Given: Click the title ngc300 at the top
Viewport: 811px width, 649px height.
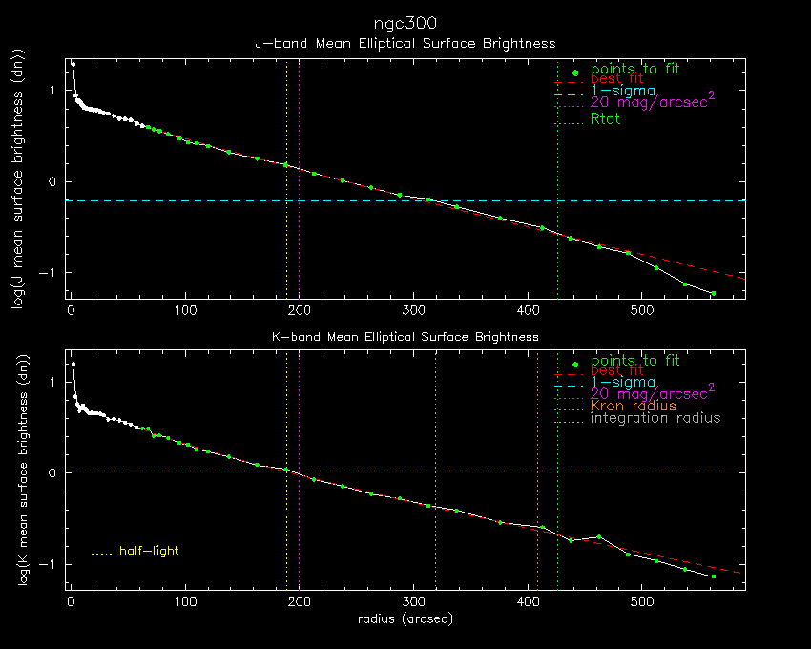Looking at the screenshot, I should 405,23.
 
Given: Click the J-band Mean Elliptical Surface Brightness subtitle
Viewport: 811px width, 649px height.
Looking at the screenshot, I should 405,43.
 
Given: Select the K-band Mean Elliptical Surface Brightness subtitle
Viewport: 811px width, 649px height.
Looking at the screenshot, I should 405,337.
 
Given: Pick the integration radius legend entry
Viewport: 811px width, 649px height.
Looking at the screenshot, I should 655,418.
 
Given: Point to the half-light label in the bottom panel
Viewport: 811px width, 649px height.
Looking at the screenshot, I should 149,551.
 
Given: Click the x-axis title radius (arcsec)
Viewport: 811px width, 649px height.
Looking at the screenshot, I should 405,618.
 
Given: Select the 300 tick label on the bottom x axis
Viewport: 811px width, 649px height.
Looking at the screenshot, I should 414,602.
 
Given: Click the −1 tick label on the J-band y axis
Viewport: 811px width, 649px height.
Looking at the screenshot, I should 54,273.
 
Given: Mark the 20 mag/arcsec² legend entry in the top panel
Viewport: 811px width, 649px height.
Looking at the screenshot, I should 653,101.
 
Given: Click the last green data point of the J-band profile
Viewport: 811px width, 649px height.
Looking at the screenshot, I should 712,293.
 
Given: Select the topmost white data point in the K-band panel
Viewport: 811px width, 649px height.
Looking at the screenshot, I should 73,364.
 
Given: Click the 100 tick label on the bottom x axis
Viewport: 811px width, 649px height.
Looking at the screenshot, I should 185,602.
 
